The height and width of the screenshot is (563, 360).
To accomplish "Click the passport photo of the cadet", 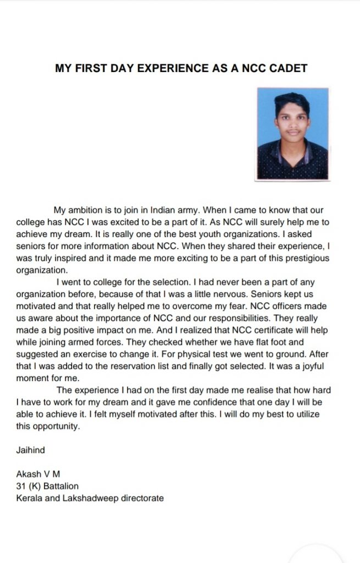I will click(x=292, y=134).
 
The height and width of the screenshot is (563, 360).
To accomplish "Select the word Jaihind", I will click(x=31, y=450).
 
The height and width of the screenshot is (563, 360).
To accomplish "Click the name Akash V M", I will click(x=38, y=474).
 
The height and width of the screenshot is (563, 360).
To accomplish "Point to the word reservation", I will click(x=143, y=366).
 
